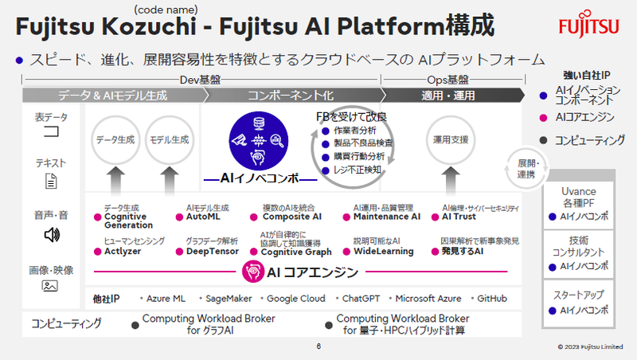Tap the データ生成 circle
[x=115, y=139]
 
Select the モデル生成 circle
[x=169, y=139]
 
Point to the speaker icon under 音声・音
[x=51, y=234]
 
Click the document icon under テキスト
[x=51, y=182]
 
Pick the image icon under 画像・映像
[x=51, y=285]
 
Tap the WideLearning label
[x=383, y=251]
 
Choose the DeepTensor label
[x=212, y=251]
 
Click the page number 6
[x=318, y=346]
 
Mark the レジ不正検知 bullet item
[x=356, y=169]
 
